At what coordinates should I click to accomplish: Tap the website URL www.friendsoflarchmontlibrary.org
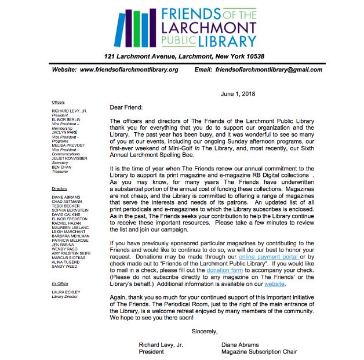coord(129,70)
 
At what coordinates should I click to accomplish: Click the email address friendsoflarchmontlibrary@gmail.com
coord(268,70)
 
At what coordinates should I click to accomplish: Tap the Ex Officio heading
coord(60,283)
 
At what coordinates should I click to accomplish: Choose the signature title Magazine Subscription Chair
coord(259,351)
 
